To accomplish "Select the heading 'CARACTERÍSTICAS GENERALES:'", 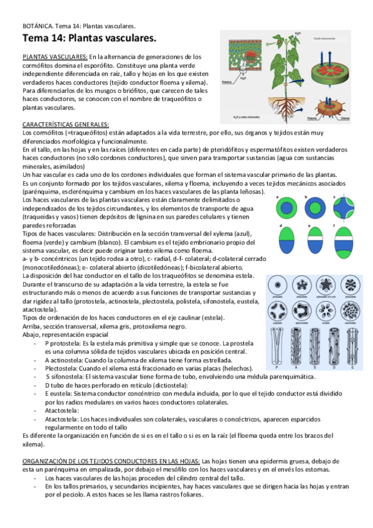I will point(65,124).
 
